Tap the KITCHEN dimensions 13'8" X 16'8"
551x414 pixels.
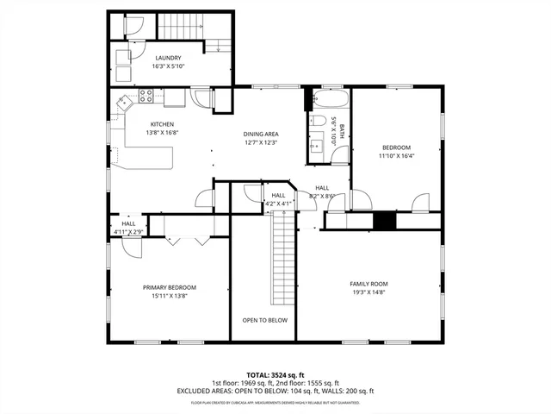coord(162,133)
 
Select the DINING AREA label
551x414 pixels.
coord(259,134)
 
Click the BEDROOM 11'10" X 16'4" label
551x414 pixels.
coord(396,152)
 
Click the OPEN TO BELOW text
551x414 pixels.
coord(264,320)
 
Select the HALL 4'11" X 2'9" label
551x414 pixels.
coord(127,227)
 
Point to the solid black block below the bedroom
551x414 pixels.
coord(384,220)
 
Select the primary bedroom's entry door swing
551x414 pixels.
coord(131,248)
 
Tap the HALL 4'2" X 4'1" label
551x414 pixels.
coord(279,199)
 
